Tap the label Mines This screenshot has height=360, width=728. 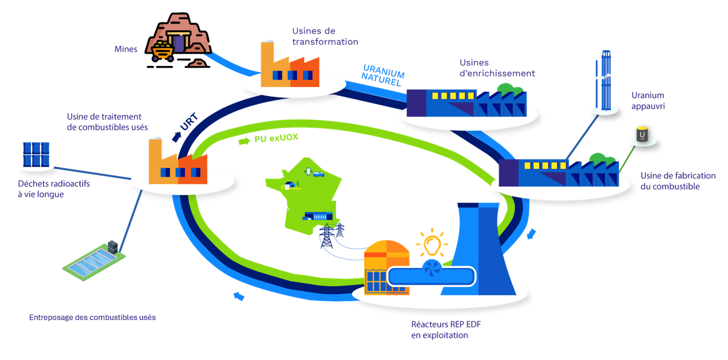point(126,49)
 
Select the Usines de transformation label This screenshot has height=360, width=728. point(325,36)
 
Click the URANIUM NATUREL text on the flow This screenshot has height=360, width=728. point(383,74)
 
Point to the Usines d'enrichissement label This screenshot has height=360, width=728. point(497,68)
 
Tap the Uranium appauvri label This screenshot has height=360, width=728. point(648,100)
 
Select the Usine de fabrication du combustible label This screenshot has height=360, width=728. point(678,181)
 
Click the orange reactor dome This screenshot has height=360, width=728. point(387,250)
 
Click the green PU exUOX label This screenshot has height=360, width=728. point(275,139)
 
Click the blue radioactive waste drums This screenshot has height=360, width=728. point(36,154)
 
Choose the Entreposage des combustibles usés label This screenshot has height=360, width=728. point(92,317)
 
